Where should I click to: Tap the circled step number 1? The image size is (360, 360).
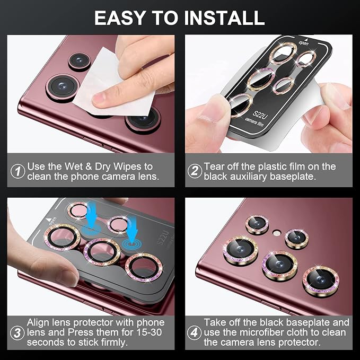(x=17, y=171)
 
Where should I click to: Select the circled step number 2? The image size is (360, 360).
(x=195, y=171)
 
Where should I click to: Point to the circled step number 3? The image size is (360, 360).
(x=17, y=333)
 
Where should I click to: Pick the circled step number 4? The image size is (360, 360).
(x=194, y=332)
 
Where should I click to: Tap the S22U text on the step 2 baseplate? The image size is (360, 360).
(x=260, y=115)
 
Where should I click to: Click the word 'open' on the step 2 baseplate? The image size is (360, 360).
(x=304, y=43)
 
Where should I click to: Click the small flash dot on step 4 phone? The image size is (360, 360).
(x=276, y=233)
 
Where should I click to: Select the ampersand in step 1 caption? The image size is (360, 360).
(x=89, y=166)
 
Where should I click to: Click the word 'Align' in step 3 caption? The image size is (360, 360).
(x=38, y=323)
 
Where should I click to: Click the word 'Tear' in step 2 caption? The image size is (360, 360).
(x=214, y=166)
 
